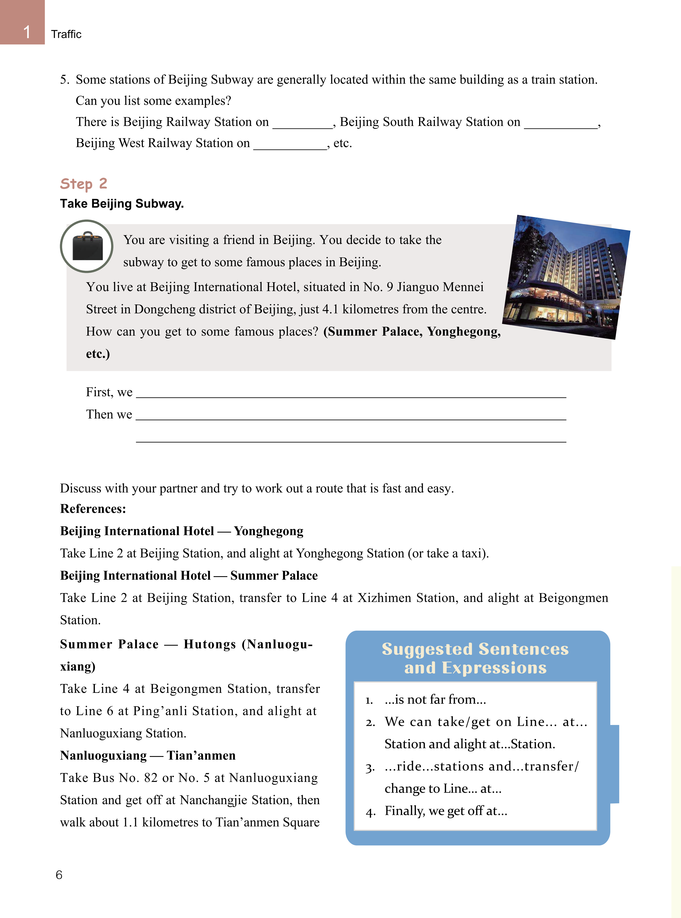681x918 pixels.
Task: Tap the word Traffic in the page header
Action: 66,34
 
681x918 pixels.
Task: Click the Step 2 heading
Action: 84,183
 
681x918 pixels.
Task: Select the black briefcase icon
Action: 87,246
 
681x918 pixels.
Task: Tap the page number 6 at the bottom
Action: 59,875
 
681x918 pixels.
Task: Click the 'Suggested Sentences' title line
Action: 475,649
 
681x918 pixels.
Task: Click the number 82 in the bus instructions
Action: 151,778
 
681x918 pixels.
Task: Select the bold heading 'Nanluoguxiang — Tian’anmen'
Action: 148,755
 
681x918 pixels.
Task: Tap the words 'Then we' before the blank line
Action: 109,414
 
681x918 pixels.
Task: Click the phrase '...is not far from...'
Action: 435,700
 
